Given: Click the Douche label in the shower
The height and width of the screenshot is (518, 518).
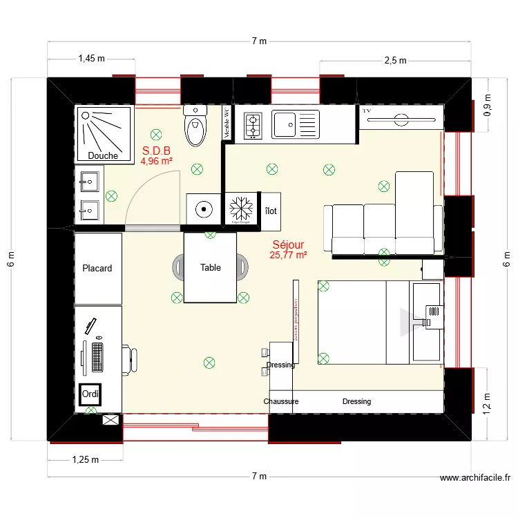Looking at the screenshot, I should (x=102, y=155).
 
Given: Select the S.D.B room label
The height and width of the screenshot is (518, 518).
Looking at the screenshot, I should (x=156, y=150).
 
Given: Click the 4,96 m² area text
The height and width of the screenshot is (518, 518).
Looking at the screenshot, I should (x=156, y=161).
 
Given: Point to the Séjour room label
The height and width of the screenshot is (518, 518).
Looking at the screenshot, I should (x=288, y=244).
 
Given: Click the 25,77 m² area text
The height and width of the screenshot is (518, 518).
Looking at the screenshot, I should (x=288, y=255).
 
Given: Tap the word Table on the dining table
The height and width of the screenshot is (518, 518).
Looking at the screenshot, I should (x=211, y=267).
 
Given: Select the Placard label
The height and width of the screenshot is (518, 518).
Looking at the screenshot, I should (x=97, y=268).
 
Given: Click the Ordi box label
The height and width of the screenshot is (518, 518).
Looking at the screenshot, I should (x=90, y=394).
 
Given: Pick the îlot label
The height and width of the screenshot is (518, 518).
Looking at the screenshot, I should (x=271, y=211).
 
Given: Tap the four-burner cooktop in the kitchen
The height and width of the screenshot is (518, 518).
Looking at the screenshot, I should (x=253, y=125).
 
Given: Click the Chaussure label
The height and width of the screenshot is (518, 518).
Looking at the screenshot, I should (x=281, y=401).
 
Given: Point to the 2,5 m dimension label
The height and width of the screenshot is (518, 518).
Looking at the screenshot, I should (x=395, y=61).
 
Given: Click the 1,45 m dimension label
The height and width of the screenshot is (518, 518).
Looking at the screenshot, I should (x=91, y=59).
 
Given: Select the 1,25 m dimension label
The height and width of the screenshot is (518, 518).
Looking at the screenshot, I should (x=86, y=459).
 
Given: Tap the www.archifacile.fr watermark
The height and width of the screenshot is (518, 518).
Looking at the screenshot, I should (x=474, y=477).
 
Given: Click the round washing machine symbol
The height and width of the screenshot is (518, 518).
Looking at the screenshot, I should (x=204, y=208).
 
